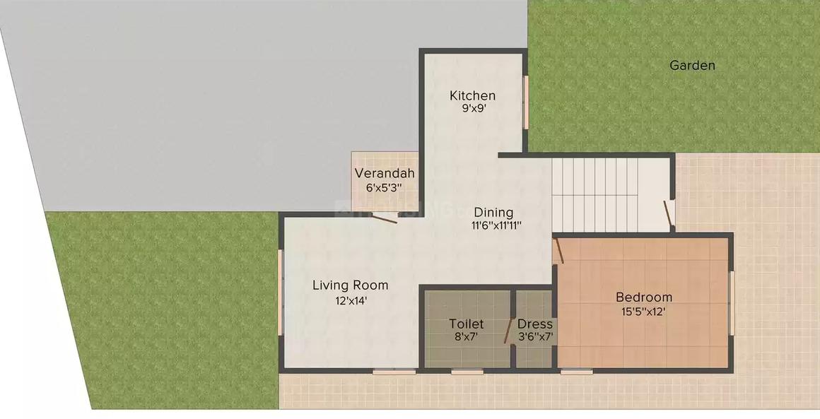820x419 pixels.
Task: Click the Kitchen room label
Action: tap(473, 95)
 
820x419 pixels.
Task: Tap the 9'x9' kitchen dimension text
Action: tap(473, 109)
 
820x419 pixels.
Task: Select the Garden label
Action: tap(692, 66)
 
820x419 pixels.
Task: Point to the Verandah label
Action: tap(385, 173)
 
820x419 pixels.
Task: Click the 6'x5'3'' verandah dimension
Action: tap(385, 188)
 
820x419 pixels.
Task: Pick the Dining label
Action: tap(493, 212)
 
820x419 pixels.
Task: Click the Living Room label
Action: tap(351, 285)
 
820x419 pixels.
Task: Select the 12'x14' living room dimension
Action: tap(351, 300)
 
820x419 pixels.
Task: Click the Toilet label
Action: tap(467, 324)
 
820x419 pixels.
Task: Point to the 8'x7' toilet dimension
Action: tap(467, 337)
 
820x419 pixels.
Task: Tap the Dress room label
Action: tap(535, 324)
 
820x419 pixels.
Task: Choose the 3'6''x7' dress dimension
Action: tap(535, 337)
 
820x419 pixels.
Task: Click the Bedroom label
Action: tap(643, 297)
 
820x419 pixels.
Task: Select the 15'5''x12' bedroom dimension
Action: tap(643, 311)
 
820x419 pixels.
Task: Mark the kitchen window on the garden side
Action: tap(526, 102)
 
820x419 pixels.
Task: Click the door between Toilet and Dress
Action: tap(509, 331)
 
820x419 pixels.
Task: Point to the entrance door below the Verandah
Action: tap(385, 218)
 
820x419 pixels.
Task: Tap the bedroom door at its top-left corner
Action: tap(558, 251)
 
